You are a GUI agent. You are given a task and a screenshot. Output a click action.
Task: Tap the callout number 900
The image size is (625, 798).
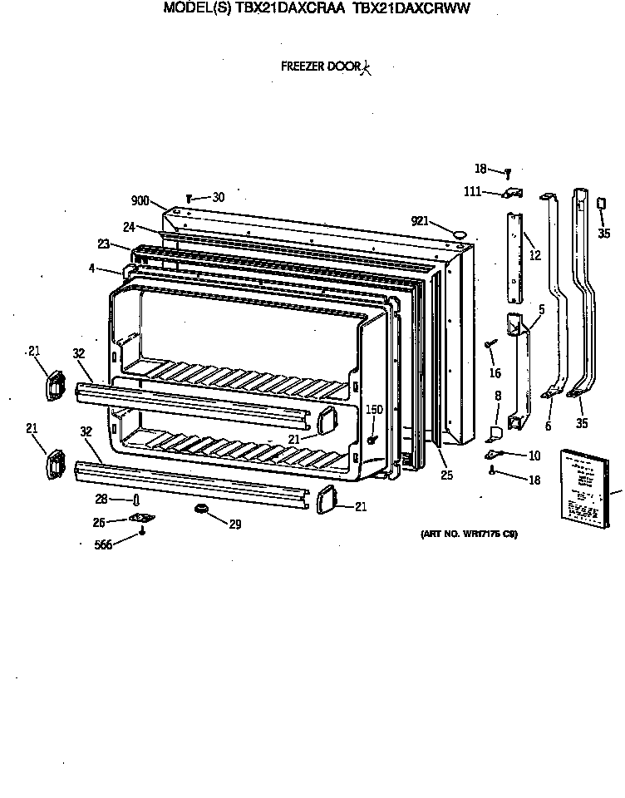(x=140, y=200)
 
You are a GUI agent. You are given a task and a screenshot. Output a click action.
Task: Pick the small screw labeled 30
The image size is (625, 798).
(x=189, y=198)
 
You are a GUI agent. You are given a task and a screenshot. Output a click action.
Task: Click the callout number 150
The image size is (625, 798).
(x=374, y=410)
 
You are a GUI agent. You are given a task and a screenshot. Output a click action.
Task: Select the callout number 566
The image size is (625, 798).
(x=103, y=544)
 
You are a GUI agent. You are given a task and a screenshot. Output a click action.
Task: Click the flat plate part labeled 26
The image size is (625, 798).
(x=142, y=519)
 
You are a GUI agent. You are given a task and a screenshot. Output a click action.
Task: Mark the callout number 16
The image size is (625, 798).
(x=496, y=374)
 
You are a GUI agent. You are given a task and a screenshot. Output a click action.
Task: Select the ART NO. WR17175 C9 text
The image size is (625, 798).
(x=465, y=534)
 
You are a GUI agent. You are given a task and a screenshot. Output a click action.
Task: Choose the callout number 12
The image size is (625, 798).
(x=534, y=255)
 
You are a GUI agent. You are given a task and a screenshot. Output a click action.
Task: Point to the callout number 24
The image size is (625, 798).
(x=129, y=226)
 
